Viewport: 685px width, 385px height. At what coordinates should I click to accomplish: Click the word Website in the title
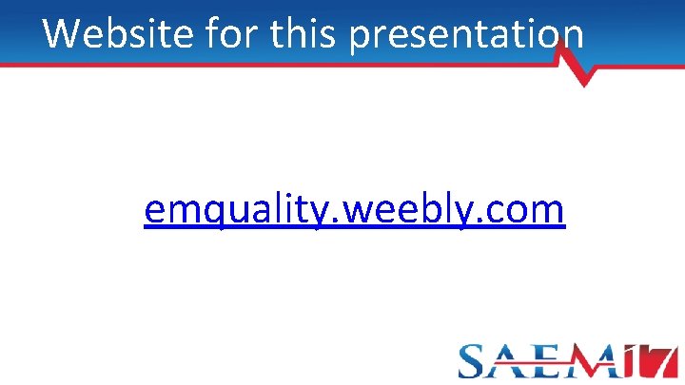113,33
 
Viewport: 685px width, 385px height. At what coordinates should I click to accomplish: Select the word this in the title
306,33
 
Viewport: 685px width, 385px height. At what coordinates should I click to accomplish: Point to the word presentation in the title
467,35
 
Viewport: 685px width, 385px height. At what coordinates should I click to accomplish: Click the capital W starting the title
62,33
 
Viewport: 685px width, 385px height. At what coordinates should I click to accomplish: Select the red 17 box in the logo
656,360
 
